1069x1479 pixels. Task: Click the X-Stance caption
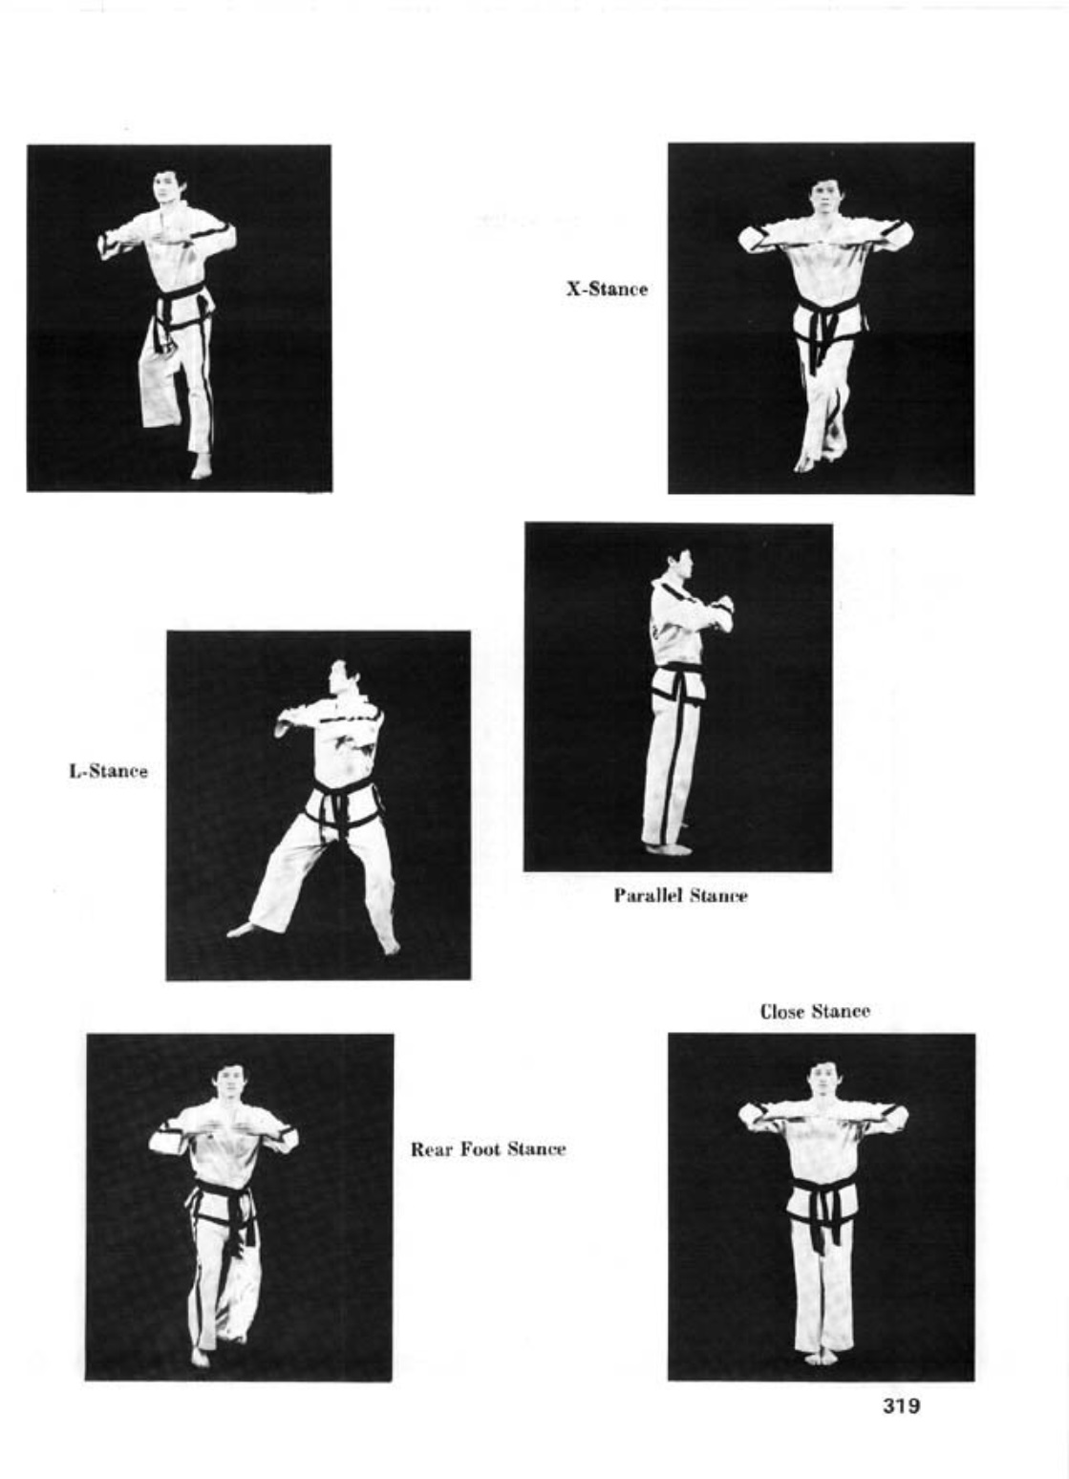[x=607, y=289]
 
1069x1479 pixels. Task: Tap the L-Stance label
[x=108, y=771]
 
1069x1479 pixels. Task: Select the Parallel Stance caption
[x=681, y=896]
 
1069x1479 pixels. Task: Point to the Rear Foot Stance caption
[x=488, y=1149]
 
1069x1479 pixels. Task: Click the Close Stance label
[x=815, y=1012]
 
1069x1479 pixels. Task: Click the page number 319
[x=901, y=1406]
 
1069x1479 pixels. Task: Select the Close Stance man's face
[x=823, y=1081]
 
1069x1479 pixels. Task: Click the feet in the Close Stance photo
[x=821, y=1356]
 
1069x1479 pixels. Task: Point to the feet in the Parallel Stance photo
[x=669, y=847]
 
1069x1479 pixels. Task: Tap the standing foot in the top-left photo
[x=201, y=467]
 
